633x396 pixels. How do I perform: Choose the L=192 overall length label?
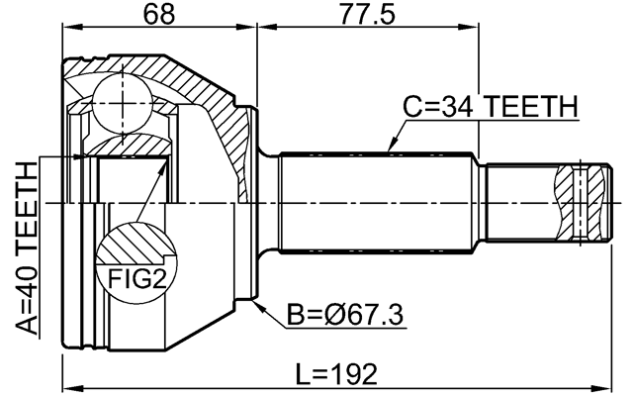[x=336, y=374]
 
